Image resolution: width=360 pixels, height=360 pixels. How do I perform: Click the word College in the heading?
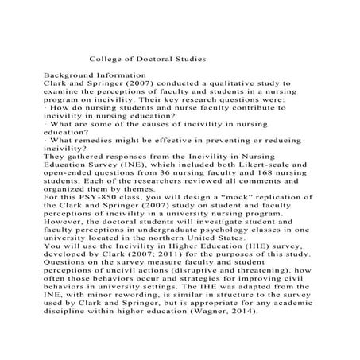tap(108, 59)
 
